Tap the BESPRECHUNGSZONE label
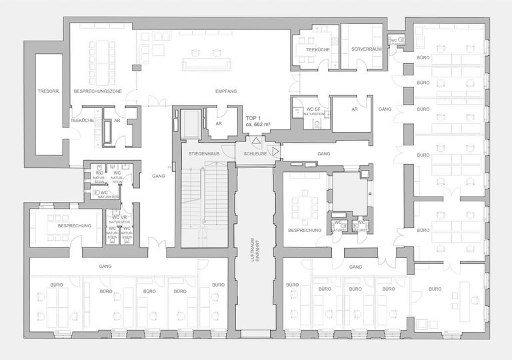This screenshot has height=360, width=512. [97, 90]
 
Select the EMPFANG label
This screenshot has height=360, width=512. [226, 90]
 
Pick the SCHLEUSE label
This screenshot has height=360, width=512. [256, 153]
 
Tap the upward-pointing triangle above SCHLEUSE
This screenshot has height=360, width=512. [256, 141]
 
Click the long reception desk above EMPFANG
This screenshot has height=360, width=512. [207, 63]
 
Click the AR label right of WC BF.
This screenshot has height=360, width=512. [355, 109]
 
